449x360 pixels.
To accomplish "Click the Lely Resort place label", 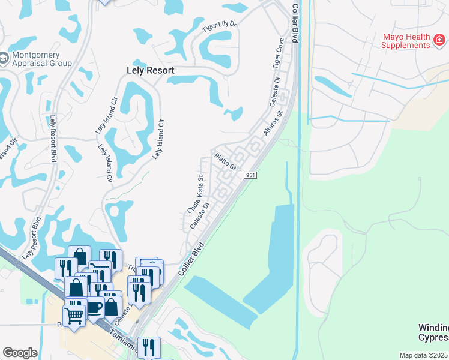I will coord(151,70).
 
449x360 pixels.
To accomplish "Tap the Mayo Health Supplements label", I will coord(406,40).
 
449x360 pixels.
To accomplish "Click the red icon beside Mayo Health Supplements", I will coord(440,40).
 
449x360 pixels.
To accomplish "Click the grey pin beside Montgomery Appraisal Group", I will coord(4,58).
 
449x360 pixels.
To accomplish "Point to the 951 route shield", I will coord(251,175).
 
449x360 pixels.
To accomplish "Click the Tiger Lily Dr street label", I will coord(220,27).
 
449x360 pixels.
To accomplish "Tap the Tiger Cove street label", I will coord(278,53).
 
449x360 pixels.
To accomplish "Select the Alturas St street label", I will coord(273,122).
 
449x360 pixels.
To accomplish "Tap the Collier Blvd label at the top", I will coord(295,22).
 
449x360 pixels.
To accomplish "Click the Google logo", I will coord(20,353).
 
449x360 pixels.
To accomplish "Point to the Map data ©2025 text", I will coord(424,355).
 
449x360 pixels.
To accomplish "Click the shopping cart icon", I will coord(74,314).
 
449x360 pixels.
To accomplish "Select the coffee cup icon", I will coord(94,306).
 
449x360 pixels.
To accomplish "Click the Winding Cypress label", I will coord(433,332).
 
